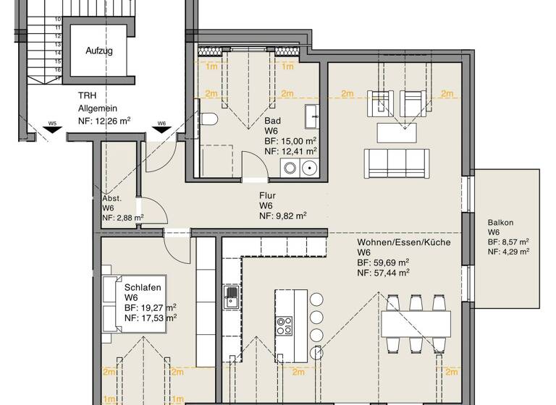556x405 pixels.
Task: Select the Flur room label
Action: (268, 195)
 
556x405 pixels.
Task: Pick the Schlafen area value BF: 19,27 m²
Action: (150, 307)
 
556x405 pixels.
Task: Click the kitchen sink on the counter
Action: (231, 297)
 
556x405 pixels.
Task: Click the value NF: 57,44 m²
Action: (383, 272)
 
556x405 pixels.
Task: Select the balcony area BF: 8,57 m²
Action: (507, 242)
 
